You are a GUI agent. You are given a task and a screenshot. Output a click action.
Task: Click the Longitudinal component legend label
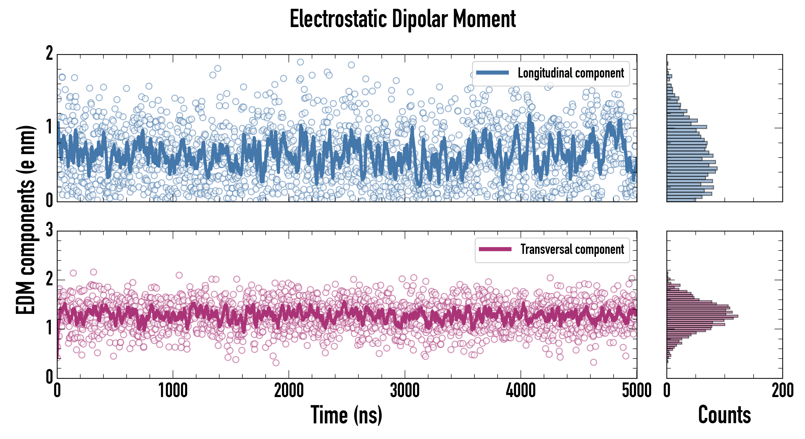pyautogui.click(x=571, y=73)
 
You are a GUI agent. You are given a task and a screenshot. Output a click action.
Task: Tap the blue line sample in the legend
pyautogui.click(x=492, y=73)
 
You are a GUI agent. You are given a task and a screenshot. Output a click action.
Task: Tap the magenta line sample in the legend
pyautogui.click(x=495, y=249)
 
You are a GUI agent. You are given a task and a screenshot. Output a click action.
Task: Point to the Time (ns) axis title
pyautogui.click(x=346, y=415)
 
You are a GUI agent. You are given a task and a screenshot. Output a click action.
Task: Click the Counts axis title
pyautogui.click(x=724, y=415)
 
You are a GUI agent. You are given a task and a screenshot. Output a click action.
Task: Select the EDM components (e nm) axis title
pyautogui.click(x=26, y=220)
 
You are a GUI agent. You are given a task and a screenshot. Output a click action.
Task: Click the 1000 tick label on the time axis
pyautogui.click(x=173, y=390)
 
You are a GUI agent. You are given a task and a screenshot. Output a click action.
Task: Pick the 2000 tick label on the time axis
pyautogui.click(x=289, y=390)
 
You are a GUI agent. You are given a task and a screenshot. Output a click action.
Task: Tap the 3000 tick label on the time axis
pyautogui.click(x=405, y=390)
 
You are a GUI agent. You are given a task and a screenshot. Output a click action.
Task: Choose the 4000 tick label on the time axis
pyautogui.click(x=521, y=390)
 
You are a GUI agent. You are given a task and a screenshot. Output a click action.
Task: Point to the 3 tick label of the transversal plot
pyautogui.click(x=49, y=230)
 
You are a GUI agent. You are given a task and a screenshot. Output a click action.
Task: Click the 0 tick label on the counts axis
pyautogui.click(x=667, y=390)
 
